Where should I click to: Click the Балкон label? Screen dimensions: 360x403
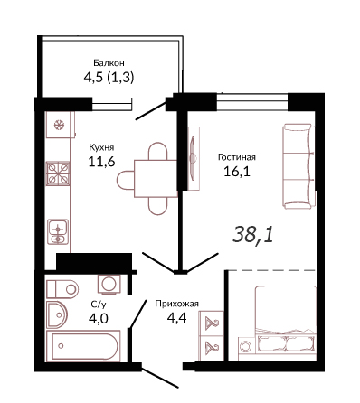109,63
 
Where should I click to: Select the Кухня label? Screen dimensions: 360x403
101,147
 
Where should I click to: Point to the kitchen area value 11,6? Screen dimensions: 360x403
101,162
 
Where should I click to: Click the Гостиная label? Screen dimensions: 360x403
237,157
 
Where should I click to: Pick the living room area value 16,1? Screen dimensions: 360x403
237,172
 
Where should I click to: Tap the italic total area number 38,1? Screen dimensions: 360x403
253,235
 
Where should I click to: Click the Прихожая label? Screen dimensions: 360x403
176,304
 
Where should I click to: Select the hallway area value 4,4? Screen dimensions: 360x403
176,317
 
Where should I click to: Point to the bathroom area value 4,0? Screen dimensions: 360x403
99,318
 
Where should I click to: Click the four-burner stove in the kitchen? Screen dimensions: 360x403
58,173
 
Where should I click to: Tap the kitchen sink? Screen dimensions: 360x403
58,231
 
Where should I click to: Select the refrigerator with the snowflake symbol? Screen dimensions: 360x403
60,125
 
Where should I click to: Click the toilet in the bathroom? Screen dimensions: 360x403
62,289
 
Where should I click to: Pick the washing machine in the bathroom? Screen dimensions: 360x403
109,284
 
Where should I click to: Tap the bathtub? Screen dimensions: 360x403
83,345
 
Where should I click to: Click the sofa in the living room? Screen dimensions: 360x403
298,166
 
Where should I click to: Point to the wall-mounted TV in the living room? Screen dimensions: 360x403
193,158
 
